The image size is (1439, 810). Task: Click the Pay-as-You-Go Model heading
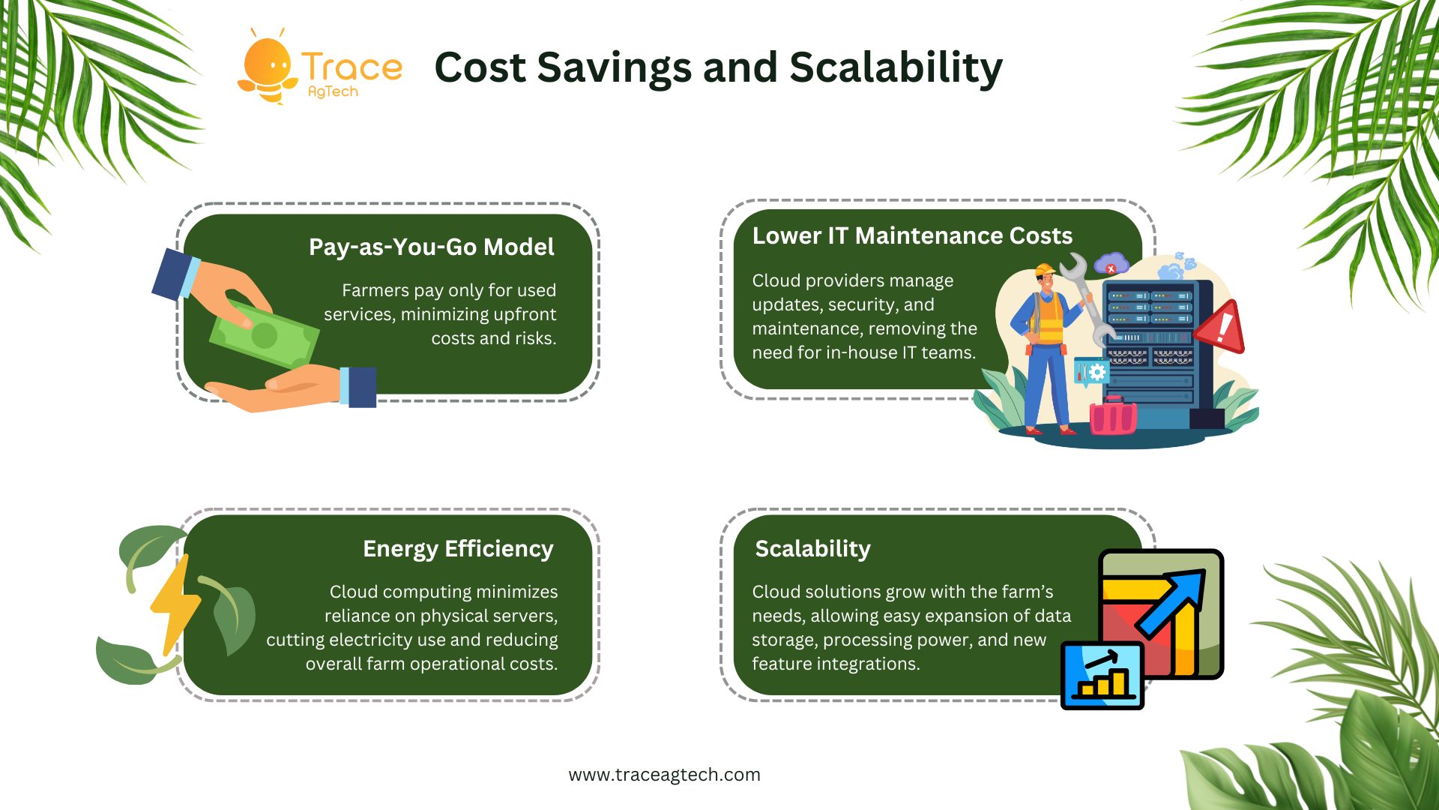tap(432, 247)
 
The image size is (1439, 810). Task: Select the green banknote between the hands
tap(264, 334)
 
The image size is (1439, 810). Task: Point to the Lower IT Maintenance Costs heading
tap(912, 235)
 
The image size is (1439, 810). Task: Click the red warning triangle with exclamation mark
tap(1220, 327)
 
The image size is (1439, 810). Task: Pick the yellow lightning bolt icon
tap(176, 604)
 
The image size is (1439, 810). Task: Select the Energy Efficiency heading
tap(458, 549)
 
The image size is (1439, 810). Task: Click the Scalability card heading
tap(813, 549)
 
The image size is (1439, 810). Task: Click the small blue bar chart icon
tap(1102, 676)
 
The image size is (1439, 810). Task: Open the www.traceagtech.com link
tap(664, 775)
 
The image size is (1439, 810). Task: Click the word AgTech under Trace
tap(333, 91)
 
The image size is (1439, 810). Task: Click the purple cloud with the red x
tap(1111, 264)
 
